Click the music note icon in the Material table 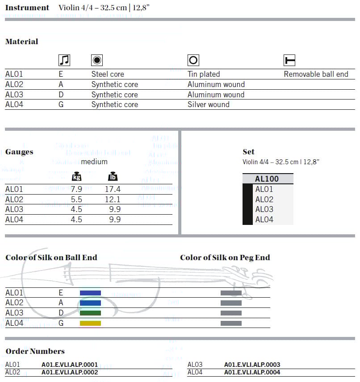[x=64, y=60]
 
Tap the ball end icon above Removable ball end [x=289, y=60]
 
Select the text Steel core [x=108, y=74]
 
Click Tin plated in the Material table [x=204, y=74]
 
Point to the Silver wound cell [x=209, y=104]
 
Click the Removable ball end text [x=316, y=74]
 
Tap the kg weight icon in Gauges [x=77, y=177]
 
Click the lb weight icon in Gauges [x=113, y=177]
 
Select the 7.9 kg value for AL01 [x=77, y=189]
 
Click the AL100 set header [x=267, y=179]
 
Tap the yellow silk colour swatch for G [x=90, y=323]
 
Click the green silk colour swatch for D [x=90, y=313]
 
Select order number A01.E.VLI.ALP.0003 [x=252, y=365]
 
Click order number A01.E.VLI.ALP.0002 [x=70, y=372]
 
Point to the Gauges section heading [x=19, y=152]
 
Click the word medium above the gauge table [x=94, y=162]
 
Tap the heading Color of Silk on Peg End [x=225, y=257]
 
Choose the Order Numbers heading [x=35, y=351]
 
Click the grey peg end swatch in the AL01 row [x=231, y=293]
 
